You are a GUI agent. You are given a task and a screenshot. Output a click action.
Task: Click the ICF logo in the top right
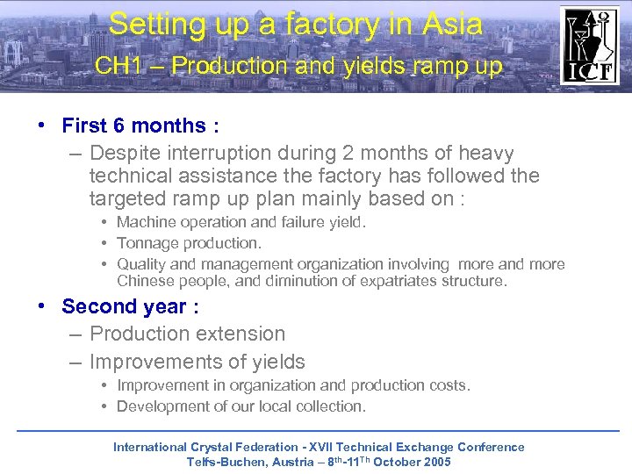[x=589, y=45]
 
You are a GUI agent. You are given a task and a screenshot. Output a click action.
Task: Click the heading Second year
[x=130, y=306]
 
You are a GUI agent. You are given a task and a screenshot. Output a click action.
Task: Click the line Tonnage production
[x=189, y=243]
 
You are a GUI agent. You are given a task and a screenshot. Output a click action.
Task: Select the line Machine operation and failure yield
[x=241, y=222]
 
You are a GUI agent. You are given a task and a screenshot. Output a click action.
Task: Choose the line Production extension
[x=187, y=334]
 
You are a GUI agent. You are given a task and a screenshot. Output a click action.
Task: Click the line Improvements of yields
[x=197, y=362]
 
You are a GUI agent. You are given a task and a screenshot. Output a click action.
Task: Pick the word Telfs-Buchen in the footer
[x=226, y=462]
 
